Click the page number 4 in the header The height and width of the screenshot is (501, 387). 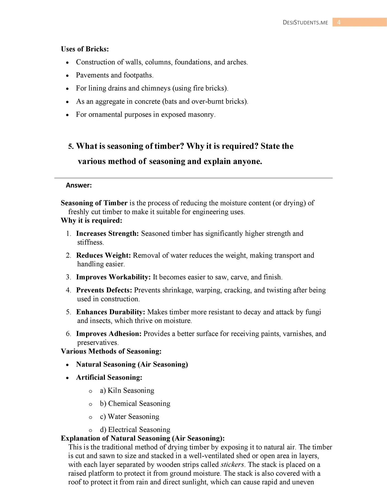coord(339,22)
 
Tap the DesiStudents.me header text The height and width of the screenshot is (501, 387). coord(305,23)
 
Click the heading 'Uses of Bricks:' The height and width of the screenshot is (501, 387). coord(85,49)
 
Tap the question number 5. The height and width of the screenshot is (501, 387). coord(71,146)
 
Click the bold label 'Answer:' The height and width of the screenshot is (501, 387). coord(79,185)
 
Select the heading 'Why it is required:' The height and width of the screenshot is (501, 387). coord(92,220)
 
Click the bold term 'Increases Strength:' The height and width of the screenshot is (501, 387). coord(107,234)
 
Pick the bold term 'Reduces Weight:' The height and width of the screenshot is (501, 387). coord(103,255)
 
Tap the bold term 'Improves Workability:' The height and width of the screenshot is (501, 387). coord(113,277)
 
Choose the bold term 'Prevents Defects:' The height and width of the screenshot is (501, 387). coord(104,290)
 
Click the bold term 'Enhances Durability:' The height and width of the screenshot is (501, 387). coord(111,312)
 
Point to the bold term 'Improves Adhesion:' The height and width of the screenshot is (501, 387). coord(109,334)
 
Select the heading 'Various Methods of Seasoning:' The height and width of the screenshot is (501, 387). coord(111,351)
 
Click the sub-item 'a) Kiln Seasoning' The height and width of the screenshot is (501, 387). coord(127,391)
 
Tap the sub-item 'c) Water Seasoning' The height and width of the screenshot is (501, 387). coord(130,417)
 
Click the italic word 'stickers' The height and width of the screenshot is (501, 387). coord(232,465)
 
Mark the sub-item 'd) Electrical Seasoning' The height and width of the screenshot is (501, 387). coord(135,430)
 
